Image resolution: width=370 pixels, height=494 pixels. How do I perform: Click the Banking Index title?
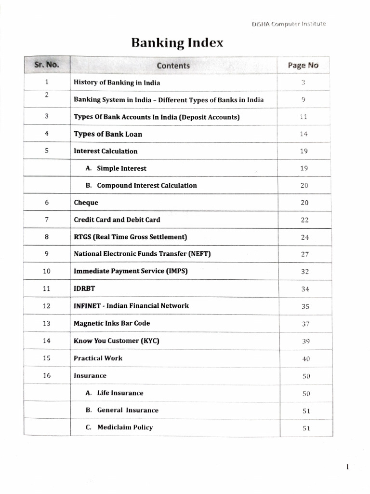point(177,43)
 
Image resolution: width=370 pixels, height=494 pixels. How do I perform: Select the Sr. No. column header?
point(46,65)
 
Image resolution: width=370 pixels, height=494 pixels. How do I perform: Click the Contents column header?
point(173,66)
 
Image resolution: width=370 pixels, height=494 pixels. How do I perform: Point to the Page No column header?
point(303,66)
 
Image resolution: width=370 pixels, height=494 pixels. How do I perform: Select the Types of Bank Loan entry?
point(108,134)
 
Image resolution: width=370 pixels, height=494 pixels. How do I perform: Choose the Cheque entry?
point(86,203)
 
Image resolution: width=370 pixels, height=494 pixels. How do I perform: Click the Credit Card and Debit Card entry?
point(117,220)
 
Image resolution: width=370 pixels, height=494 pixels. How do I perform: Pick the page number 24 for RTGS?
point(304,237)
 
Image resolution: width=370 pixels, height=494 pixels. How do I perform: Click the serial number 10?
point(47,271)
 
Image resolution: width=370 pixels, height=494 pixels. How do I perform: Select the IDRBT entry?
point(84,288)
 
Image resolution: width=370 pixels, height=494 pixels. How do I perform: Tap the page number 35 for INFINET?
point(304,306)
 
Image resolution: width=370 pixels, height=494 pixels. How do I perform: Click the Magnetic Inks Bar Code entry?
point(112,323)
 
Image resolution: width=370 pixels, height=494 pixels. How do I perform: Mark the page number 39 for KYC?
point(305,341)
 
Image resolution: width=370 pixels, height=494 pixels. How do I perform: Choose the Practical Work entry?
point(98,358)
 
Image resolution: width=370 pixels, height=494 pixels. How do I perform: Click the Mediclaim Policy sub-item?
point(125,427)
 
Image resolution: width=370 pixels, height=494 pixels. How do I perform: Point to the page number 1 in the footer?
point(347,467)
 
